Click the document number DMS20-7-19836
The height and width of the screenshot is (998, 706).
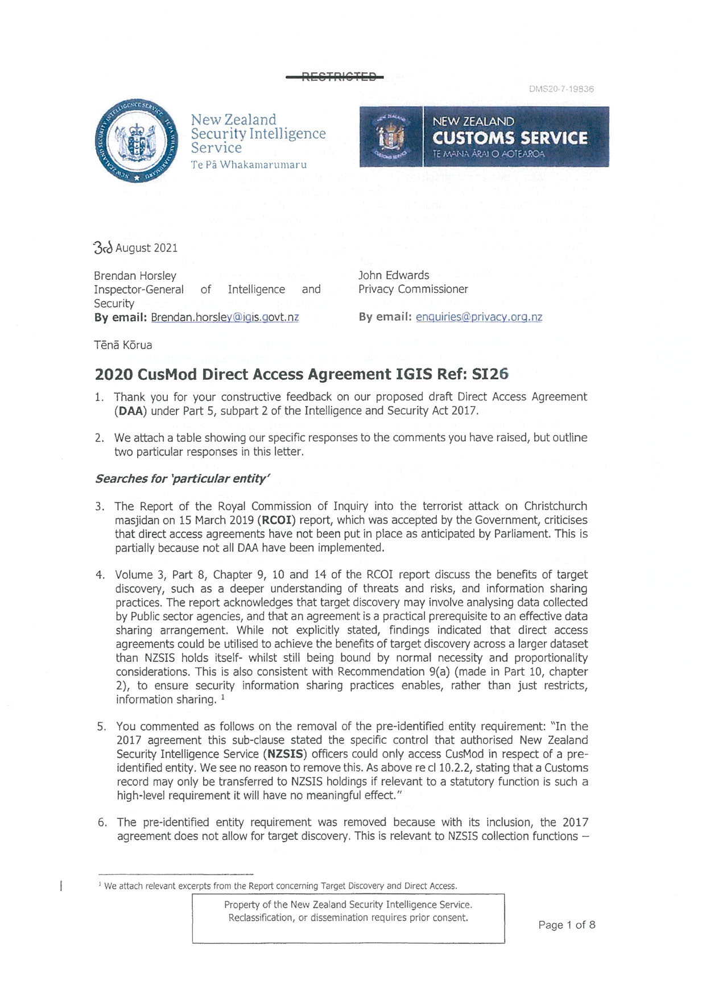click(x=561, y=89)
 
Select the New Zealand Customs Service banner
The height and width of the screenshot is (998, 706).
click(x=484, y=137)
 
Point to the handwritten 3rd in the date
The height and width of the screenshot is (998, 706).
click(x=103, y=248)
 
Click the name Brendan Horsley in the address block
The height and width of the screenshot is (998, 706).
click(x=135, y=276)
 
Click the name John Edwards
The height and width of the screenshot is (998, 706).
click(x=394, y=275)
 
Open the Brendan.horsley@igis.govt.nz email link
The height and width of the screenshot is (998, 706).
click(x=225, y=317)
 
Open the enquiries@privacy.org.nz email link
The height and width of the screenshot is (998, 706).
click(x=478, y=317)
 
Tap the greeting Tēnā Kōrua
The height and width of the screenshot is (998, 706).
click(x=123, y=345)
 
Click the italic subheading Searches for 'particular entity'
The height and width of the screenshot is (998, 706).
click(x=182, y=479)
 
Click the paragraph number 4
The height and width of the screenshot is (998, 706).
click(x=100, y=575)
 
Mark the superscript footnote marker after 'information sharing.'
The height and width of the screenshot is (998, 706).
click(x=224, y=697)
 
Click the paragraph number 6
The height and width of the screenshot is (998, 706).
click(x=102, y=822)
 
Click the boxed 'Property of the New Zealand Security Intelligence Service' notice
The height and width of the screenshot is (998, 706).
click(x=348, y=918)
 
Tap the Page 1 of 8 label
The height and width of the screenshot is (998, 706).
click(x=567, y=925)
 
